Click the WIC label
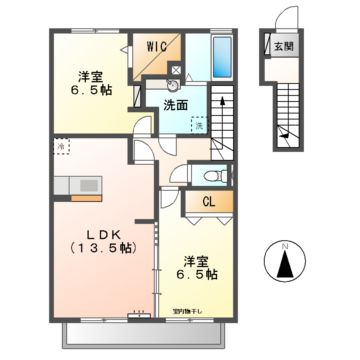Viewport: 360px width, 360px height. (x=157, y=45)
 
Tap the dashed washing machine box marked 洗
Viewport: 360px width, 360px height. (x=199, y=124)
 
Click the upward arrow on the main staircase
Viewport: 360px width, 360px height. (x=220, y=100)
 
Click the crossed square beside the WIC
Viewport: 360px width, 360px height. (x=178, y=71)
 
